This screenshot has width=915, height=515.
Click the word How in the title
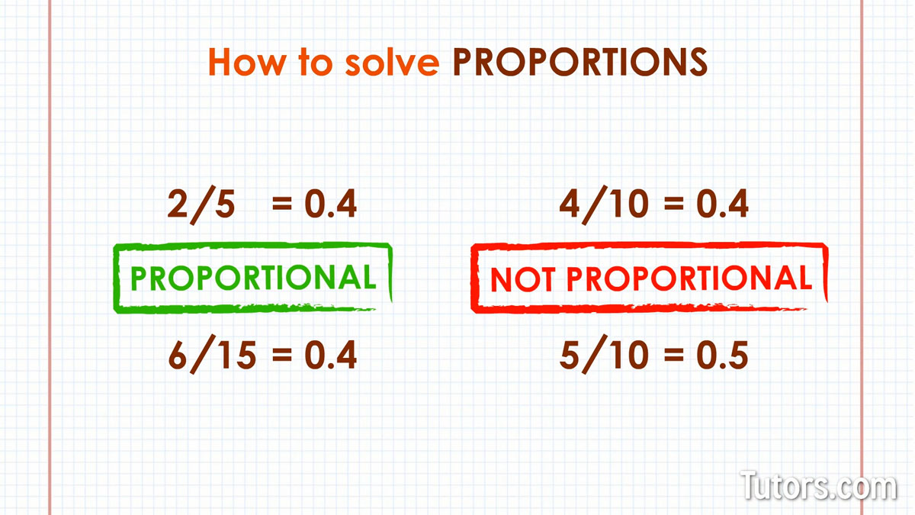click(x=247, y=62)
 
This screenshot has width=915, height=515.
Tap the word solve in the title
click(x=392, y=62)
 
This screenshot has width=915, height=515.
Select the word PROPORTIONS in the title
click(x=580, y=62)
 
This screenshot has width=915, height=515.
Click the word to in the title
click(x=315, y=62)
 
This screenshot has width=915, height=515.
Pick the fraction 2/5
click(x=201, y=205)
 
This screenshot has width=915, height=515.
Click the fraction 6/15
click(x=213, y=355)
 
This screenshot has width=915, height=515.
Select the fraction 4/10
click(x=604, y=205)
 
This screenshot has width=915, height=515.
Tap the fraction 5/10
click(x=604, y=355)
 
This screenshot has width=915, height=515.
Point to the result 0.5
click(x=722, y=355)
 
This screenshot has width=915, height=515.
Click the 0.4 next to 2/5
click(x=331, y=204)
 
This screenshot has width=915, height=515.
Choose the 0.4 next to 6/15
click(x=331, y=355)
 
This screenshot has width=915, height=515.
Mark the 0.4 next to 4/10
click(x=722, y=204)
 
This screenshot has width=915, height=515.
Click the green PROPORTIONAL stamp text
click(x=253, y=278)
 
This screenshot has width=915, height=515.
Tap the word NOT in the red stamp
click(x=522, y=279)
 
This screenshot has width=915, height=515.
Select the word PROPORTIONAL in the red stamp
click(x=689, y=278)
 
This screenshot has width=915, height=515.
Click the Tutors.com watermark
click(x=819, y=485)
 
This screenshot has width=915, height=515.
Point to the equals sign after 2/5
click(x=282, y=203)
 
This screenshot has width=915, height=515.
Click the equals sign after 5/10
click(x=673, y=354)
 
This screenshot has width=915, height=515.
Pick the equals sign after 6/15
click(x=282, y=354)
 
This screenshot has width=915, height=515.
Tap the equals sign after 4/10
click(x=673, y=203)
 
